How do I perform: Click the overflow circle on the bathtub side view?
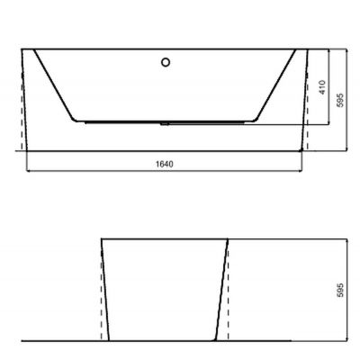click(x=165, y=62)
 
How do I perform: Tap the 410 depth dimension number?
click(x=321, y=86)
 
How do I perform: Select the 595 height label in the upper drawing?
click(x=340, y=101)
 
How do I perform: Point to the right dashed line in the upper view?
click(x=307, y=121)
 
